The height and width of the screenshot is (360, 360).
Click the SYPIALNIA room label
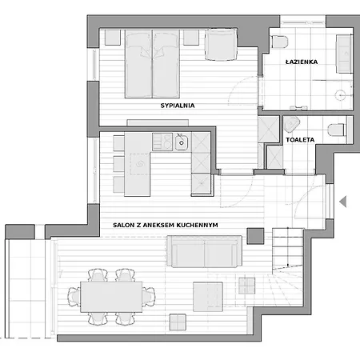coord(178,106)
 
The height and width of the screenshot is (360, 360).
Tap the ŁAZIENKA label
coord(302,62)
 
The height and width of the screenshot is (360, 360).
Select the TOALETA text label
coord(300,140)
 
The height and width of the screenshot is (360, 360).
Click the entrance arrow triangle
coord(343,202)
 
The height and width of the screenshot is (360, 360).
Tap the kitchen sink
coord(182,142)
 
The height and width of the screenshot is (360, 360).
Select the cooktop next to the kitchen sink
coord(162,142)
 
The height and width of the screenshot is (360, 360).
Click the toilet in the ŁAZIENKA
coord(280,42)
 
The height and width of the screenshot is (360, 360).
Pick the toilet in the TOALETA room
coord(338,130)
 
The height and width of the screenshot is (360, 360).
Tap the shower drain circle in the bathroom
coord(341,95)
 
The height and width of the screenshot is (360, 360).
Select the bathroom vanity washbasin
coord(344,54)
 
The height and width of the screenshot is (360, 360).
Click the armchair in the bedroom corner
coord(221,44)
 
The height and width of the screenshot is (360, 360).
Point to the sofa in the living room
coord(205,251)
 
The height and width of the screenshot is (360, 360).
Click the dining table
coord(111,297)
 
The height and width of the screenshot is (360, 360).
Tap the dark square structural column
coord(255,236)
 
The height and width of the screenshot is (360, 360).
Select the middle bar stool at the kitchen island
coord(118,164)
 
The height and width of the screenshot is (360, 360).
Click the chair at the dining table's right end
coord(148,297)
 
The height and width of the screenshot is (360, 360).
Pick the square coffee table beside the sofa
coord(208,297)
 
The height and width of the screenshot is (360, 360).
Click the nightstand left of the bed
coord(113,38)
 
